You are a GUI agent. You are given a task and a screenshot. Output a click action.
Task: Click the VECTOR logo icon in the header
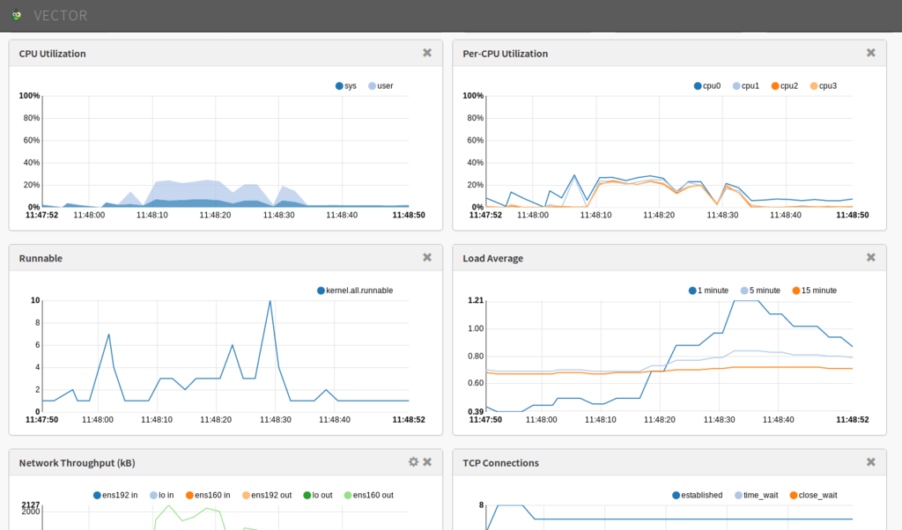16,15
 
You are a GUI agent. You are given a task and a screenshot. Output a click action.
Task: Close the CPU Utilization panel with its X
427,53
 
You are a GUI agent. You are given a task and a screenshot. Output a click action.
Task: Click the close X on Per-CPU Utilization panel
871,53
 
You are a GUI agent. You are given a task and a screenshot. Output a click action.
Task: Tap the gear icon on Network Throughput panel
414,462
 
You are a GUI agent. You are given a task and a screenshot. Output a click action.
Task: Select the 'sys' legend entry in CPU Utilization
346,86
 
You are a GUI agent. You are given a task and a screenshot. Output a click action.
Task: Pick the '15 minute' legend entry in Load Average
815,291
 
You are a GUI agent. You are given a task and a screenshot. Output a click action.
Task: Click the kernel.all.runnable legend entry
355,291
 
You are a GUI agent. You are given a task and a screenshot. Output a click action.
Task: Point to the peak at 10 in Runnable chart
270,301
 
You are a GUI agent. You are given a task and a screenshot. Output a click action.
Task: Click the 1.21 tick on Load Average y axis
476,301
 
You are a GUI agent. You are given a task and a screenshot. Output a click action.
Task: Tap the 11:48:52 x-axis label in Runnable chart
409,420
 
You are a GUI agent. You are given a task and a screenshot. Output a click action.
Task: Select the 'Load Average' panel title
492,258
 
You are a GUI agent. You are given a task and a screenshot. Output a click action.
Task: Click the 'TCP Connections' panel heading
500,463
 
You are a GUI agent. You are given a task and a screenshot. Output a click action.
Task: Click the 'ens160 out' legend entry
369,496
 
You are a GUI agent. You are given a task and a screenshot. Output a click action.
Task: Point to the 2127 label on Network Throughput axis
31,504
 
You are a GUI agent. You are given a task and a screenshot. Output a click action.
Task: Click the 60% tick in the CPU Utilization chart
32,140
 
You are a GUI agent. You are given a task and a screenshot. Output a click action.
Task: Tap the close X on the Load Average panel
871,258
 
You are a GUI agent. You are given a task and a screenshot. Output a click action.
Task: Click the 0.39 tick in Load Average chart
476,411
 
